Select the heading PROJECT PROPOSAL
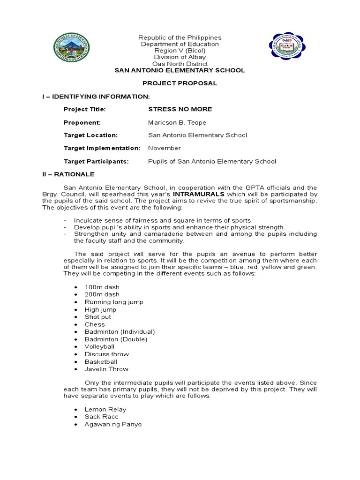(180, 83)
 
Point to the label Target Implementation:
(102, 148)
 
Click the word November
(165, 148)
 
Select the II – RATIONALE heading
(68, 174)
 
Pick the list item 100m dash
(102, 287)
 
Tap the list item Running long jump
(114, 302)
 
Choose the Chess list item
(95, 324)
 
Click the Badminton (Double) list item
(116, 339)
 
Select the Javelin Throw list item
(106, 369)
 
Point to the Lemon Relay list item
(105, 409)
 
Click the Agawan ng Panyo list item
(113, 424)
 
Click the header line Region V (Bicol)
(180, 51)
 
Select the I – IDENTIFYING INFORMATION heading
(95, 96)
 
